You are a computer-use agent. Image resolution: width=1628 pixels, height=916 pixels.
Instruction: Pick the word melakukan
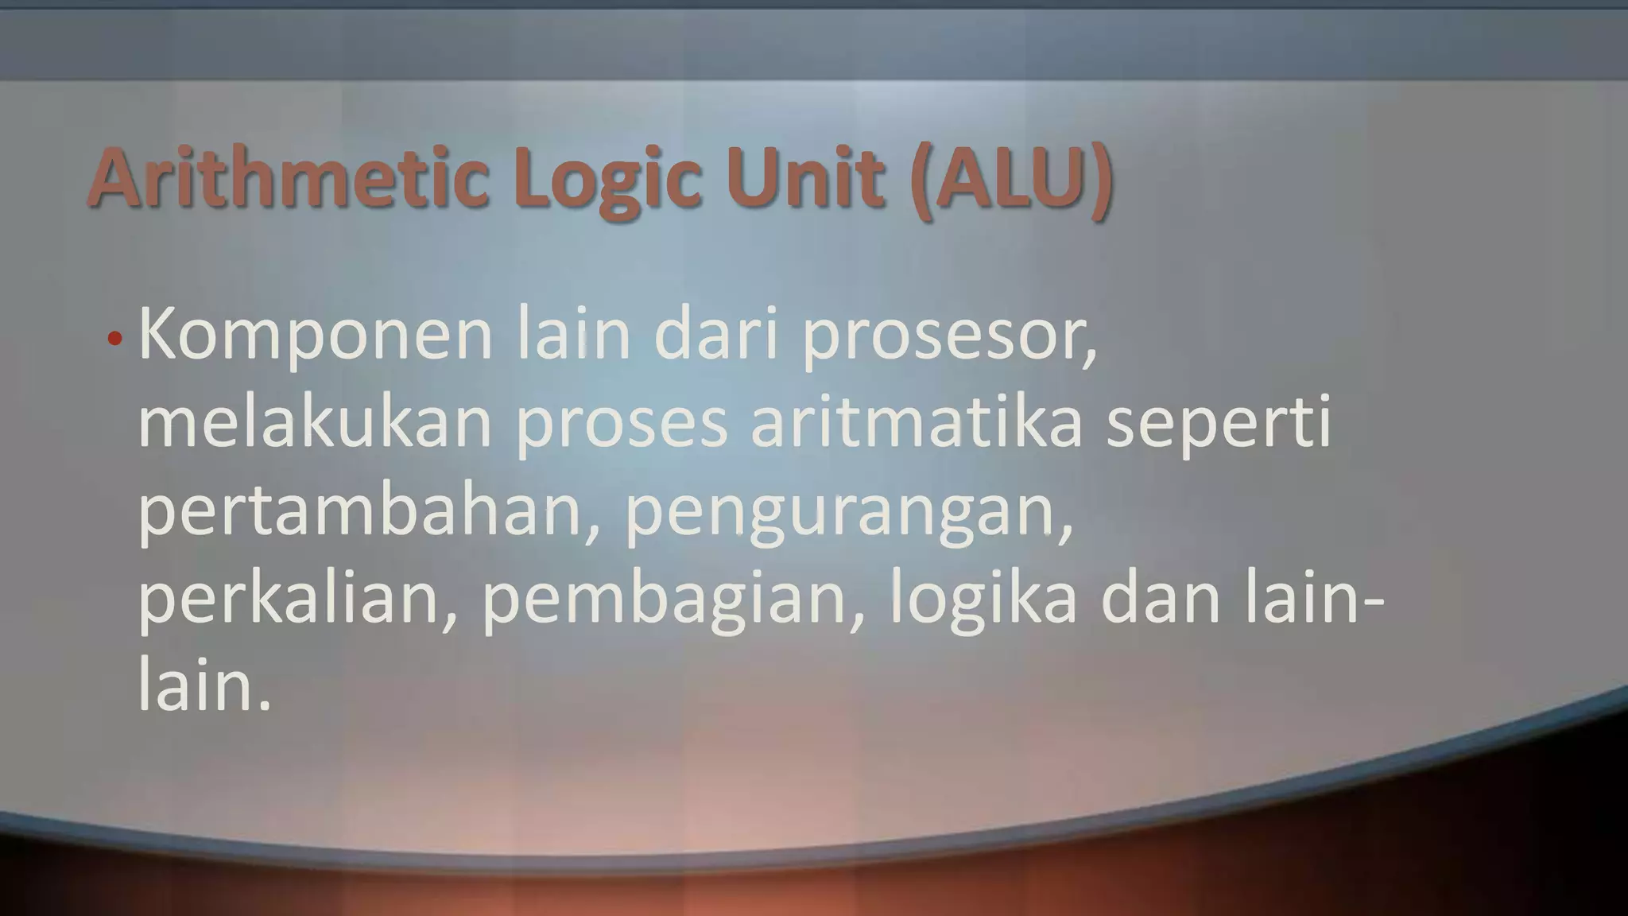point(315,422)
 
